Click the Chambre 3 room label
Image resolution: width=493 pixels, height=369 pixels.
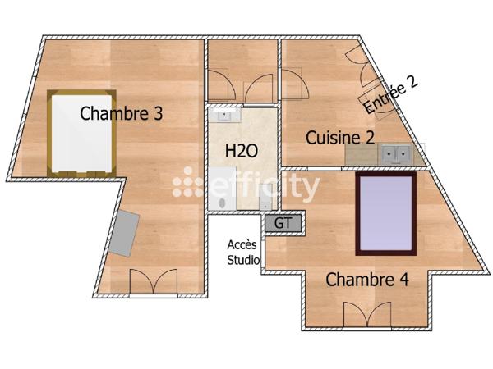tap(121, 114)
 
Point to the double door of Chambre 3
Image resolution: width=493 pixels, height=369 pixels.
tap(153, 282)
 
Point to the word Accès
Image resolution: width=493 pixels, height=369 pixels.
tap(242, 245)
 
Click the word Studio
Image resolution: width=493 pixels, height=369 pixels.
tap(243, 261)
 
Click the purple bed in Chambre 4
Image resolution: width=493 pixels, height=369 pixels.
tap(385, 212)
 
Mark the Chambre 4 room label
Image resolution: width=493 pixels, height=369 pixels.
tap(367, 279)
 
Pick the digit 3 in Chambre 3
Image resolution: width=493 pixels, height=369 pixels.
tap(157, 114)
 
